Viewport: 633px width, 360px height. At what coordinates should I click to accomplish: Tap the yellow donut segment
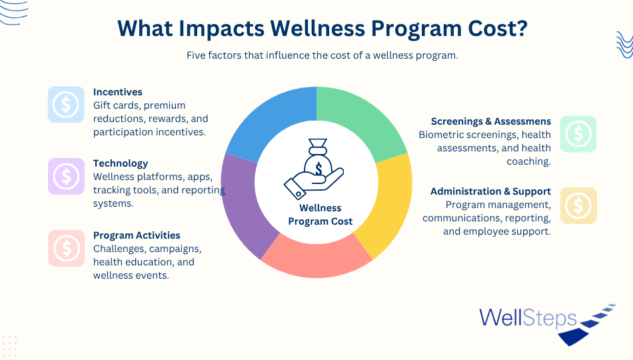click(390, 202)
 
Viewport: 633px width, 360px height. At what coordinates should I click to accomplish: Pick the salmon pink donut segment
click(316, 259)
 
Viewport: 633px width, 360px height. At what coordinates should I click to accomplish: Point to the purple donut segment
click(243, 202)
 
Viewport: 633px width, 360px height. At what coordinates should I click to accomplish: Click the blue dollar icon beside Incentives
click(66, 105)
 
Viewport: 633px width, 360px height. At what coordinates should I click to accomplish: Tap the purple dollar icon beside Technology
click(66, 176)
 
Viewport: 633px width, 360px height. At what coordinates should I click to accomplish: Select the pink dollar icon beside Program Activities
click(67, 248)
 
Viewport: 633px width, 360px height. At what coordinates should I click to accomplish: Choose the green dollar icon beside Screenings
click(578, 134)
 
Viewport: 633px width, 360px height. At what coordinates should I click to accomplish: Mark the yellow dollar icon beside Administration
click(578, 205)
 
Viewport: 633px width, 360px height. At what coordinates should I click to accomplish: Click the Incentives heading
click(117, 92)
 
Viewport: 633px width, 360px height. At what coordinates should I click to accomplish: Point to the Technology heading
click(121, 163)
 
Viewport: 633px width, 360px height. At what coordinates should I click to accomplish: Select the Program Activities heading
click(137, 235)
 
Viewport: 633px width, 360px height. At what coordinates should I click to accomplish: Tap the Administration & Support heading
click(490, 191)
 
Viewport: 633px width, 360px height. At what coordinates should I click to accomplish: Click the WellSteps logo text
click(528, 318)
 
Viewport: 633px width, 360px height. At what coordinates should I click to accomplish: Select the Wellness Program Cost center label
click(320, 215)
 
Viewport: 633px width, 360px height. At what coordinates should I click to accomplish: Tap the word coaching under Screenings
click(529, 161)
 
